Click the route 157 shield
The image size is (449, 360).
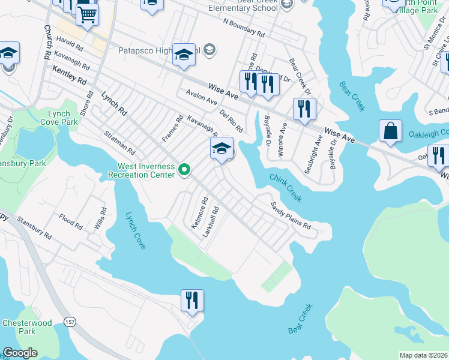coord(70,322)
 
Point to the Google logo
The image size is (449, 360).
coord(20,353)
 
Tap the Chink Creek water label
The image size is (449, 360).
coord(286,188)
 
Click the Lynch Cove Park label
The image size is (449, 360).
coord(63,117)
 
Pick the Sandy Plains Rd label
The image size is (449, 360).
coord(291,217)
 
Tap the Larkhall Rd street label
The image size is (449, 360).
coord(210,221)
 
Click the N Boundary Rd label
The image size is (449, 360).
coord(243,26)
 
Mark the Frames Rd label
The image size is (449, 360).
coord(172,129)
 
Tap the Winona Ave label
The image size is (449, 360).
coord(282,140)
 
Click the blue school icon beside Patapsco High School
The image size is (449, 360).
coord(184,55)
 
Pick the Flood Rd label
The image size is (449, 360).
coord(70,222)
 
